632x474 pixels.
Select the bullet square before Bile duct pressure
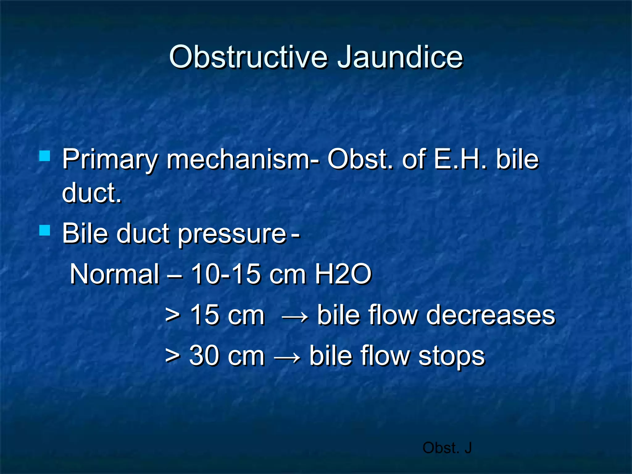45,230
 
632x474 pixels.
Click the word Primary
110,160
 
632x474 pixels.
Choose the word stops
451,357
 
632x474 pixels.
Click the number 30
204,356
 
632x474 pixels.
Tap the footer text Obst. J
447,448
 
